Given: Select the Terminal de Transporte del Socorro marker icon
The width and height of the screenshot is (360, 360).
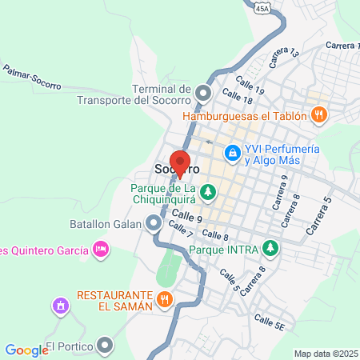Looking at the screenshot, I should (x=203, y=94).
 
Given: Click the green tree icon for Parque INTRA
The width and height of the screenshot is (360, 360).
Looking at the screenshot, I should (x=271, y=249).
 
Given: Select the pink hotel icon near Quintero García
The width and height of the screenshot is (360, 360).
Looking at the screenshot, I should (x=101, y=250).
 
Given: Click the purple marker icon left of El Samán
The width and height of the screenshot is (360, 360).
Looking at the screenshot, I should (x=59, y=306).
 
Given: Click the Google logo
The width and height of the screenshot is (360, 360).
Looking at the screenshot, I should (x=26, y=350).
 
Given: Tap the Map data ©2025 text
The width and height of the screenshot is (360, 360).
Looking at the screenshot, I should (x=325, y=353).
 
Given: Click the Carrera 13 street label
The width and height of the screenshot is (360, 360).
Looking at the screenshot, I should (x=283, y=56).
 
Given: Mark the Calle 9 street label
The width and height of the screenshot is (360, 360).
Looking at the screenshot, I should (x=186, y=216).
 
